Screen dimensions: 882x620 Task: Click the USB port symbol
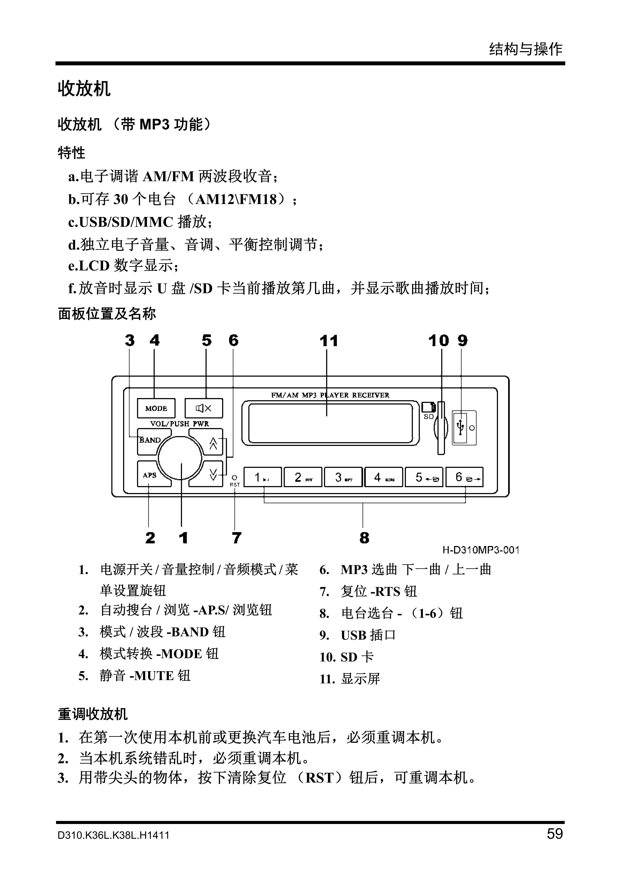tap(461, 428)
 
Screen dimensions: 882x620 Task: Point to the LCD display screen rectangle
tap(330, 423)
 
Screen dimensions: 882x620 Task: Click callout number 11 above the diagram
tap(329, 341)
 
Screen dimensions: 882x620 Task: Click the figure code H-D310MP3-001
tap(481, 550)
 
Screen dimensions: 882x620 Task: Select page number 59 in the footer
tap(555, 834)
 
